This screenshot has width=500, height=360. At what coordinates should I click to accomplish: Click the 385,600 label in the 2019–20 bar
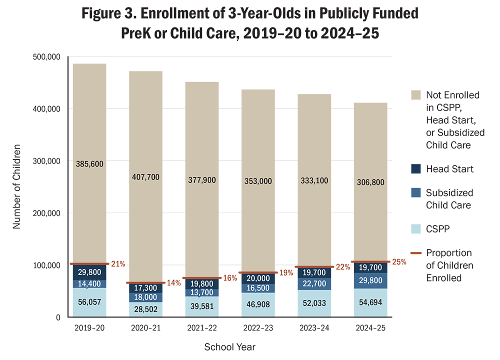89,163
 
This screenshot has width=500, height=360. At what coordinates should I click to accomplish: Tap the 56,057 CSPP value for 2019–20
89,302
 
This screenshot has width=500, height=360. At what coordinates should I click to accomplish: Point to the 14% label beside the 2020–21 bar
173,283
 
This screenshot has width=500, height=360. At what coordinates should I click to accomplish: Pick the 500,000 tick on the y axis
45,57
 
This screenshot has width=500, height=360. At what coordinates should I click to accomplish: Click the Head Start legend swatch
416,169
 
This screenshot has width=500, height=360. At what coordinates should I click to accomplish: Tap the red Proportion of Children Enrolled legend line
416,253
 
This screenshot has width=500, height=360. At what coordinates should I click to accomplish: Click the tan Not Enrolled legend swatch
416,95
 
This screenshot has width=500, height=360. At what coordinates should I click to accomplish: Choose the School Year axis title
230,346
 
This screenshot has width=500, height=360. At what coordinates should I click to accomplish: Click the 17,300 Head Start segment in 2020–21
145,288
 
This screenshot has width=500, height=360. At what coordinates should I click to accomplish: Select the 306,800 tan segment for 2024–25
370,182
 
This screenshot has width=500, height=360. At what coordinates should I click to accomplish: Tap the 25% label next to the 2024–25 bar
399,261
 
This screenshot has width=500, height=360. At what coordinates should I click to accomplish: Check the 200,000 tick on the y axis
45,213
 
